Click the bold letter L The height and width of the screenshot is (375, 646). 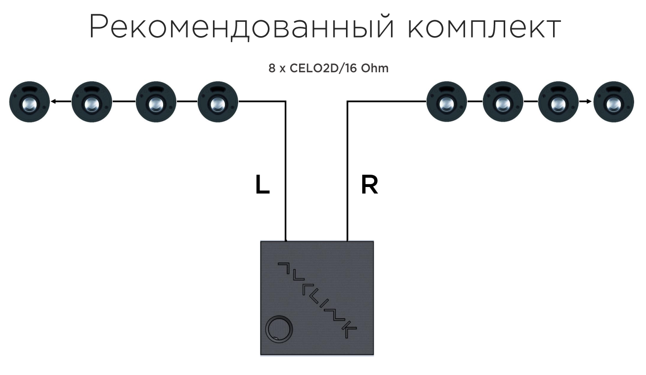coord(262,185)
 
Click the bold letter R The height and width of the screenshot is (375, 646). coord(370,185)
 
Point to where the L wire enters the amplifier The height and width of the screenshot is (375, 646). coord(286,240)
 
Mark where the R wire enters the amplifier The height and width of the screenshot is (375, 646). coord(347,240)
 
